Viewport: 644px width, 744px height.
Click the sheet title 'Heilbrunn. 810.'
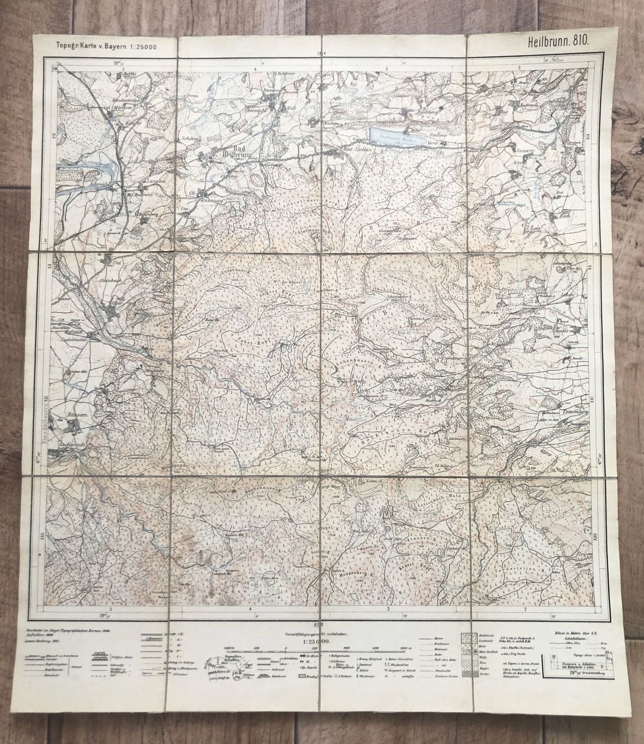point(558,41)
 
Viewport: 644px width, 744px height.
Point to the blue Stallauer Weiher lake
point(391,135)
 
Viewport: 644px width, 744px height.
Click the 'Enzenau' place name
point(209,200)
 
